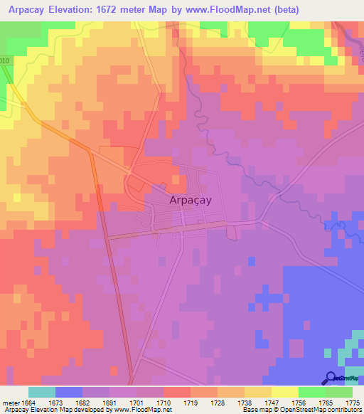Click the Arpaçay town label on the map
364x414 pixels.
191,201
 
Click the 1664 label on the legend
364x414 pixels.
28,403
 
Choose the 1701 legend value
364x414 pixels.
136,403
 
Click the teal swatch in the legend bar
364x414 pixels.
41,392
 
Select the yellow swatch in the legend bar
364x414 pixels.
284,392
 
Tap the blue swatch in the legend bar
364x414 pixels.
68,392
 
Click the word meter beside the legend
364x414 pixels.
10,403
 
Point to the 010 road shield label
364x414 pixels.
5,61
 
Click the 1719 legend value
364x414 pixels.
191,403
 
